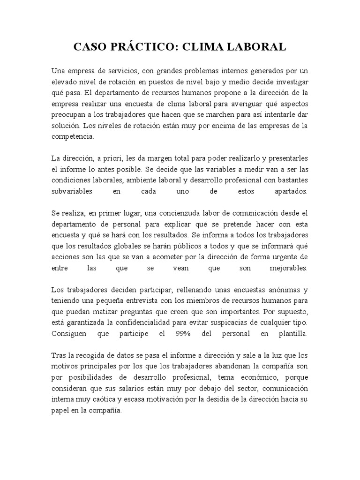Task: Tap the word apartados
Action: [291, 192]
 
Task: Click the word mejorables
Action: [287, 269]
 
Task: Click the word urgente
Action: [285, 257]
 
